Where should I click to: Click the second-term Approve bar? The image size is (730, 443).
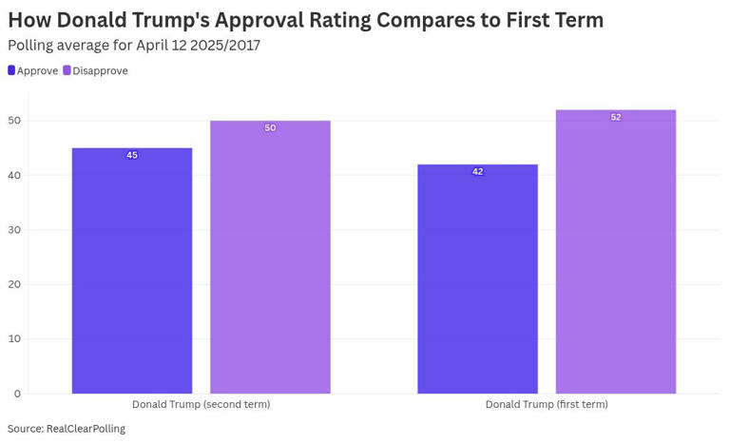pos(132,271)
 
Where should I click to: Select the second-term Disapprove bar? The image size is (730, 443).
pos(270,257)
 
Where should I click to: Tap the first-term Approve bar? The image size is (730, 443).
pos(477,279)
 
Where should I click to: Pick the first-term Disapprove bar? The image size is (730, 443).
pos(616,252)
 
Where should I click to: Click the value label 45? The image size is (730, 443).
pos(132,155)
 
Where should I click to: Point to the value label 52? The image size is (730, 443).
pos(616,117)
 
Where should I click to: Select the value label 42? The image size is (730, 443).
pos(477,171)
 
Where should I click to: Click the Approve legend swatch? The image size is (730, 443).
pos(11,70)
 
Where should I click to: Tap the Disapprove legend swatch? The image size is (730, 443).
pos(67,70)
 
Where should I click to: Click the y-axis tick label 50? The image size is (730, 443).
pos(14,121)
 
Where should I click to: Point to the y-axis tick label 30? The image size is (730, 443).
pos(14,230)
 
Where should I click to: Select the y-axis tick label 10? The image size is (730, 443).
pos(14,338)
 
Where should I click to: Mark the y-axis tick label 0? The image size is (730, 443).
pos(17,394)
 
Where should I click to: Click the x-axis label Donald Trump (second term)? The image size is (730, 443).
pos(201,404)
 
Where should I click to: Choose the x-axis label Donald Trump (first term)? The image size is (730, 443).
pos(547,404)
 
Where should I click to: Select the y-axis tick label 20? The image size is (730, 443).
pos(14,284)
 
